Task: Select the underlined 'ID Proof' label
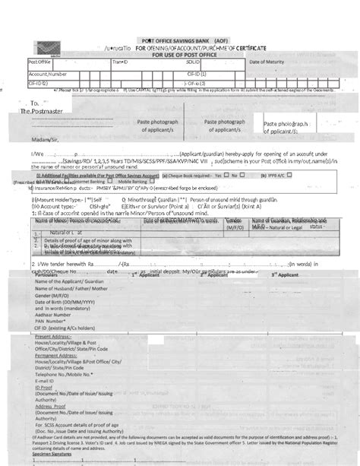click(x=43, y=407)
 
